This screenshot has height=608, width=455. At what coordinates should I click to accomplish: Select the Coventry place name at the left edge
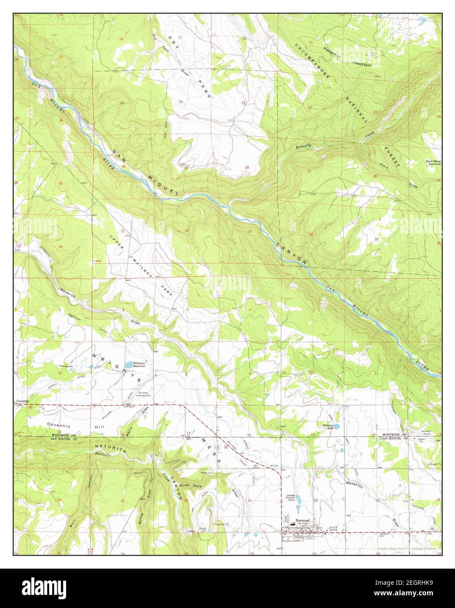pyautogui.click(x=21, y=401)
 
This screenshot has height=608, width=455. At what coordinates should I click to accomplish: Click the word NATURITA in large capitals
pyautogui.click(x=108, y=447)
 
